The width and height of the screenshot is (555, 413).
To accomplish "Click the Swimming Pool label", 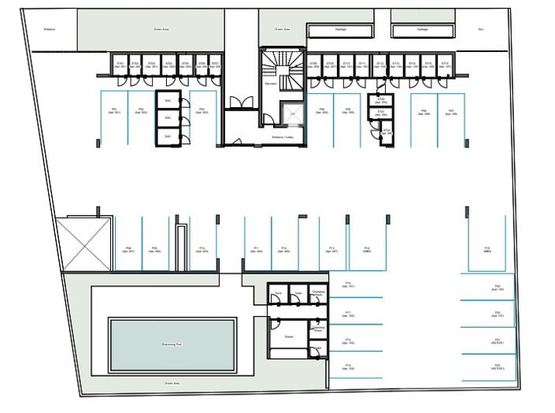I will coord(172,345).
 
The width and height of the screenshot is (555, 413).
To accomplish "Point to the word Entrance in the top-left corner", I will coord(49,29).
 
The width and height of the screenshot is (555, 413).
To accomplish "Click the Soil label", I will coord(481,29).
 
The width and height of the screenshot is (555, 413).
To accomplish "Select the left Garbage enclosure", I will coord(340,30).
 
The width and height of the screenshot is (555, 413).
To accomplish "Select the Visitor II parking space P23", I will coord(497,366).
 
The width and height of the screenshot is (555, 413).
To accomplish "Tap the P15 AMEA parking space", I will coord(487,249).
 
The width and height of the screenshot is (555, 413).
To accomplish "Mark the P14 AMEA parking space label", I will coord(367,249).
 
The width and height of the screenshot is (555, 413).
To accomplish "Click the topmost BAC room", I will coord(168,101).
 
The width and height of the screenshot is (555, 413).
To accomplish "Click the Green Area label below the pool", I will coord(172,384).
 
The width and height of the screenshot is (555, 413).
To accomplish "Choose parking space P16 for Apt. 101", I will coord(348,285).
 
